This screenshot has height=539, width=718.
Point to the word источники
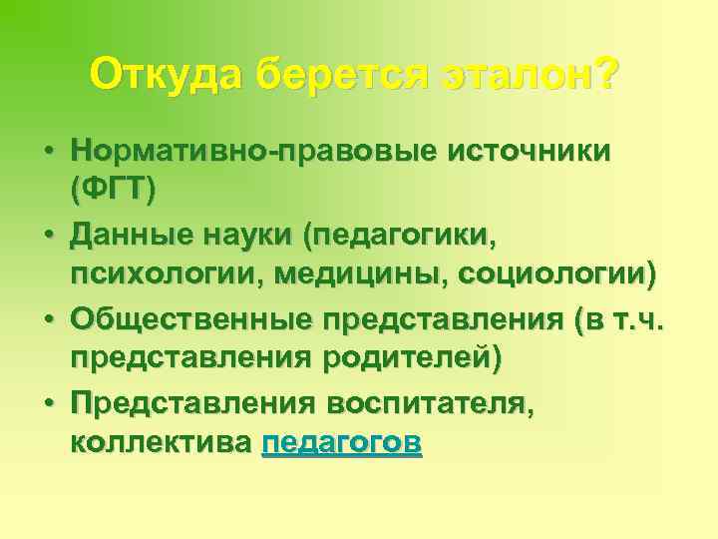coord(529,151)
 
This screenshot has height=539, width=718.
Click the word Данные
coord(131,236)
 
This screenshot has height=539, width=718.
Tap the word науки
coord(249,236)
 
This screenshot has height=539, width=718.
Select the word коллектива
coord(161,442)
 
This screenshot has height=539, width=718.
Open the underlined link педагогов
coord(341,442)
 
